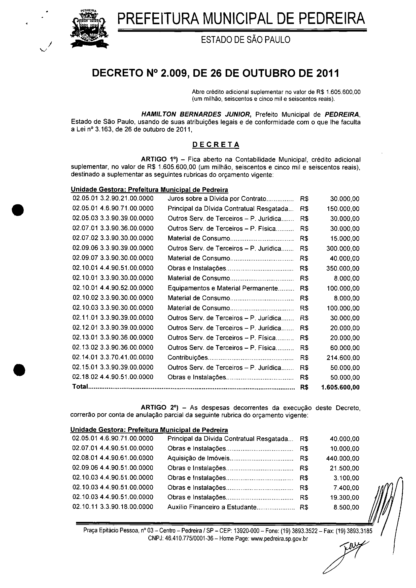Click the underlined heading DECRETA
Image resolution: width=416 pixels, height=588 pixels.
coord(216,145)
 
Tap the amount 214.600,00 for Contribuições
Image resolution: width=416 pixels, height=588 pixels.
coord(343,358)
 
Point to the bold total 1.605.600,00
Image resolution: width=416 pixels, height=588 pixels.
coord(340,387)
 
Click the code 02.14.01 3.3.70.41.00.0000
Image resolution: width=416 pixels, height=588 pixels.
coord(113,357)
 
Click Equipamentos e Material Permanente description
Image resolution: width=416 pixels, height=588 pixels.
coord(223,288)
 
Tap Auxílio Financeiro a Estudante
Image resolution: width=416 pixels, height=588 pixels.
coord(212,507)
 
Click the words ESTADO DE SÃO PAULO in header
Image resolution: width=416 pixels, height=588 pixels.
coord(246,40)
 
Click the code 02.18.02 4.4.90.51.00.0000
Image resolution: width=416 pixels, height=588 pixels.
coord(113,377)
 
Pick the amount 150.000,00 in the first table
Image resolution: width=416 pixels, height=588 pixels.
coord(343,209)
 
